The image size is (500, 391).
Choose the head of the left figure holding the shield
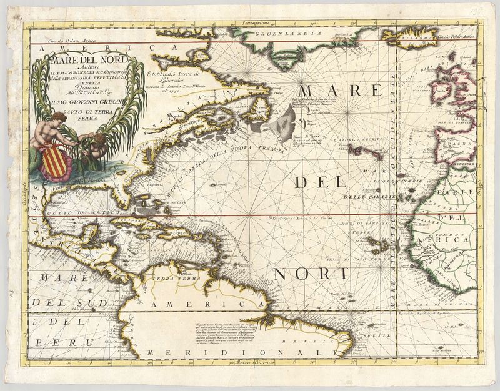coord(60,117)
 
